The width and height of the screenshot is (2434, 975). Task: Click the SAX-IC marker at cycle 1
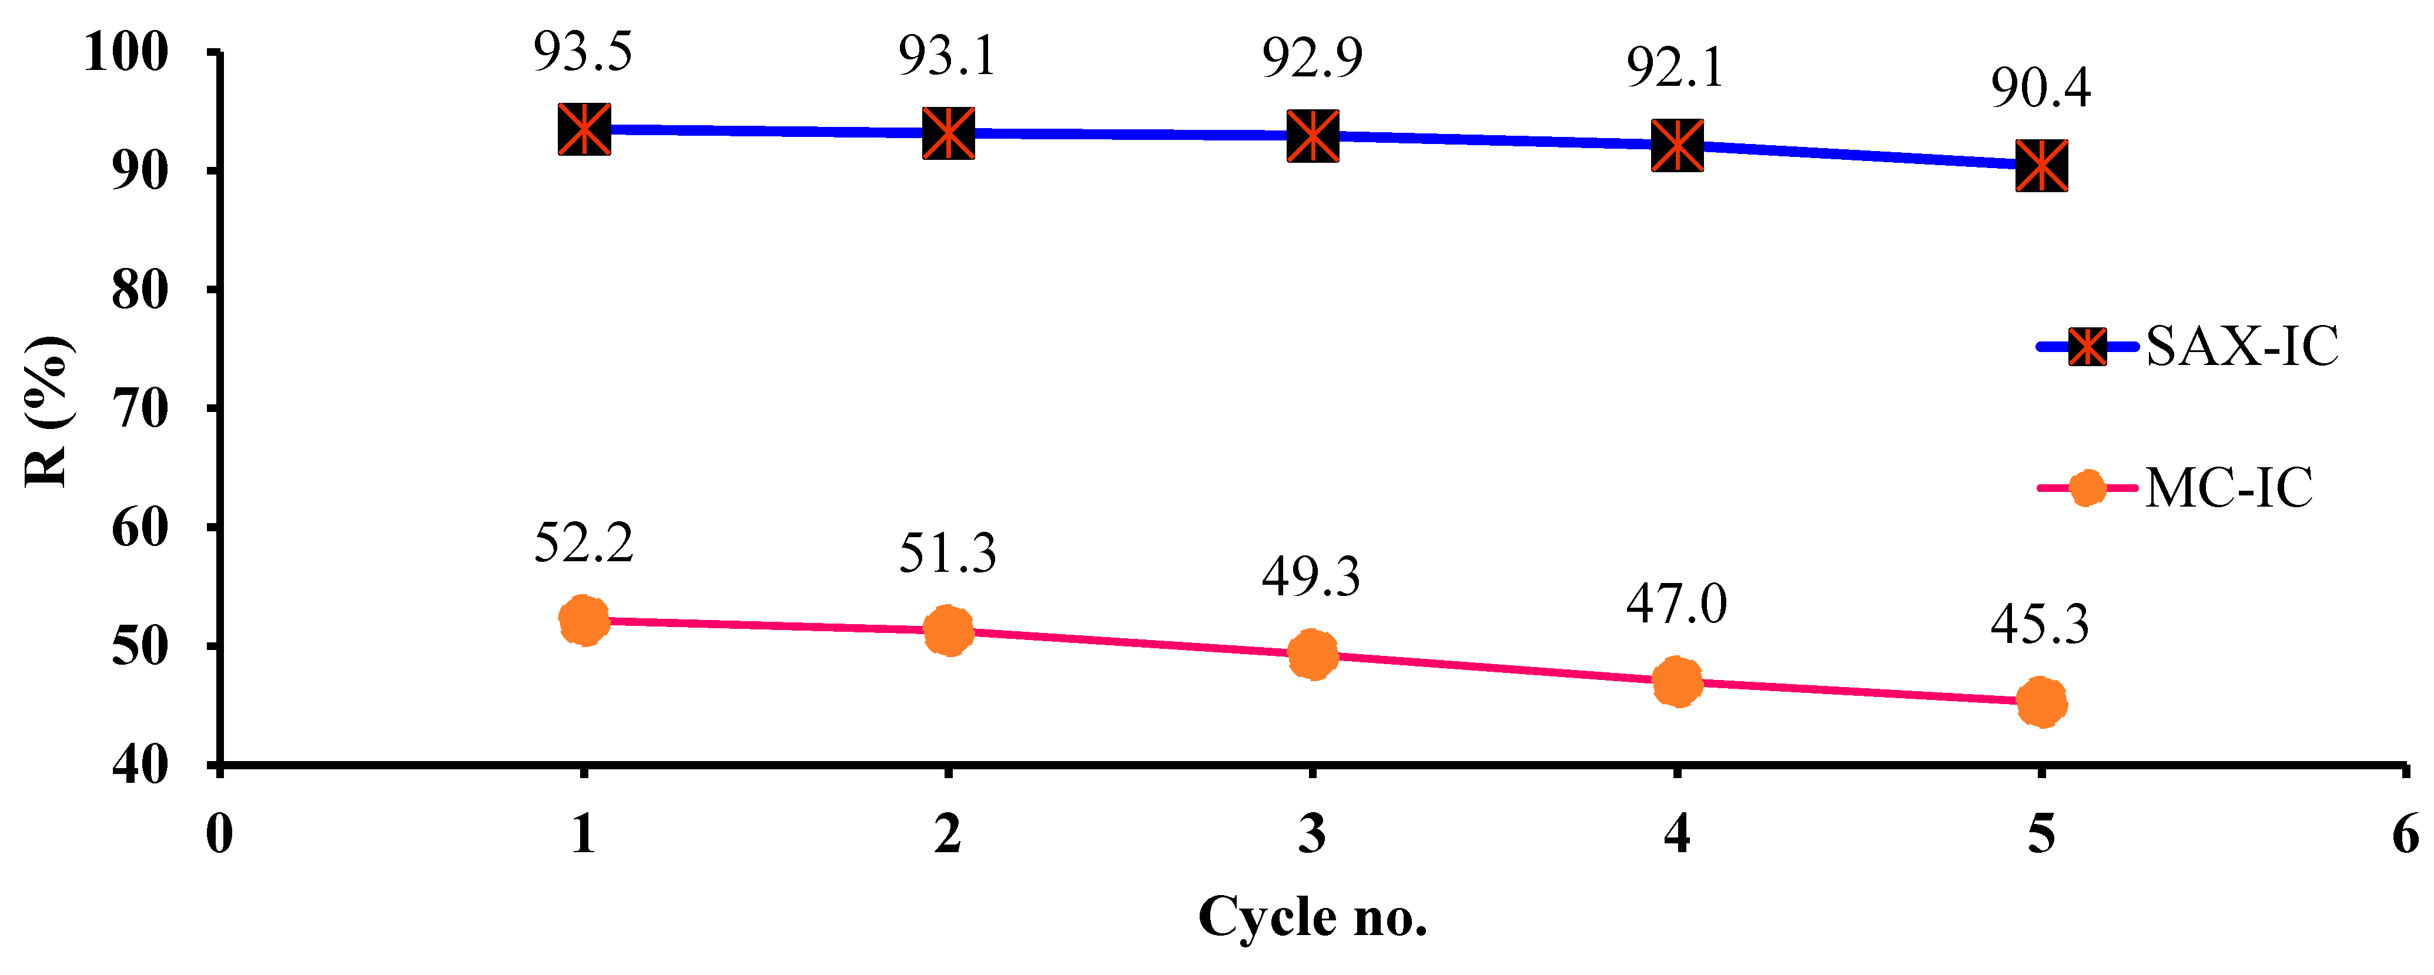tap(584, 129)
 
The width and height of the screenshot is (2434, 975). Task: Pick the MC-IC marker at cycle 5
tap(2041, 702)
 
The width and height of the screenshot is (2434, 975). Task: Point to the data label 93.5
tap(583, 52)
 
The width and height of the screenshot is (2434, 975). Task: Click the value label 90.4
tap(2040, 88)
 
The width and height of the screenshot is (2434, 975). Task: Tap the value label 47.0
tap(1676, 605)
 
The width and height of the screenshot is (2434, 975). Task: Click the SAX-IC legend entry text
tap(2241, 347)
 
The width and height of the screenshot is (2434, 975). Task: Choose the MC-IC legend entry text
tap(2229, 488)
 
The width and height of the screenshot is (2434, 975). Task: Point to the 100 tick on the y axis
tap(126, 52)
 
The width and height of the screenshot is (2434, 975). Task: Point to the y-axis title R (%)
tap(45, 411)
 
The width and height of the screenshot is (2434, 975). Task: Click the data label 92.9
tap(1313, 59)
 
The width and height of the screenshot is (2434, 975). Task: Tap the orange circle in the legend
tap(2086, 488)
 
